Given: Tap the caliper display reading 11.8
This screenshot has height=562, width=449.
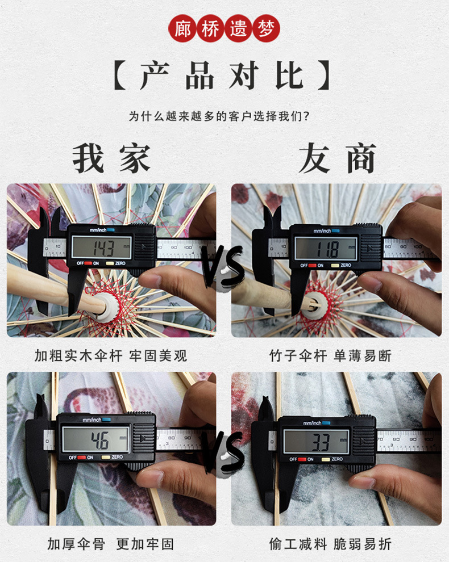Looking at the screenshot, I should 326,248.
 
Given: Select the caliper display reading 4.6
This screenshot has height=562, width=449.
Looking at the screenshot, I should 95,439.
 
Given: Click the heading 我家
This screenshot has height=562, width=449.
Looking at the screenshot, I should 111,158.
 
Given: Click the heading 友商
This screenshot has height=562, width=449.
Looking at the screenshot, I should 337,158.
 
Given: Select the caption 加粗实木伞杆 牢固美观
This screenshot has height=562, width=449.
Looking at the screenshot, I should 111,356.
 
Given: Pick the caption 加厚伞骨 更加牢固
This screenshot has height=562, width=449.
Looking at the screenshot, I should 111,544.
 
